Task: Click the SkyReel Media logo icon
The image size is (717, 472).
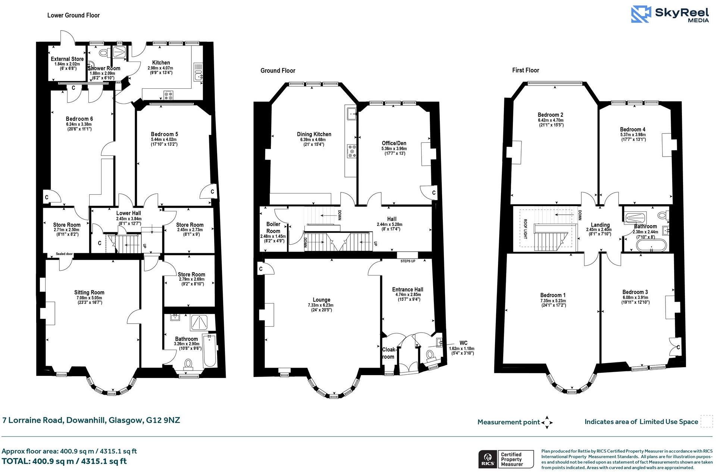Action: point(641,14)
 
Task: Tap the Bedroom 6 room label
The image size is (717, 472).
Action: point(79,119)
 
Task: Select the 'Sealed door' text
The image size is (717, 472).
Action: point(64,254)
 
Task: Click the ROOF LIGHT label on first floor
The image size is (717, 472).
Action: point(525,229)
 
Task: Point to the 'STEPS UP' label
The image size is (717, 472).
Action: point(408,261)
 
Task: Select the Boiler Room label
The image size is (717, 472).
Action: point(273,227)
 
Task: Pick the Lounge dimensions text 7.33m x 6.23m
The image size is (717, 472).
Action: point(321,305)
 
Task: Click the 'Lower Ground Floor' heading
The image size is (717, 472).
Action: point(73,15)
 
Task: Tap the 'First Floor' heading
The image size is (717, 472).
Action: point(526,70)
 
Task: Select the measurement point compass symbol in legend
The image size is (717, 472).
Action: point(547,422)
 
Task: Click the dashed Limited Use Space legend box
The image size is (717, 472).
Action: point(706,421)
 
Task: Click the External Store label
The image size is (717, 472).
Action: point(67,59)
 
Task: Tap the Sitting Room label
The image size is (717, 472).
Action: point(89,293)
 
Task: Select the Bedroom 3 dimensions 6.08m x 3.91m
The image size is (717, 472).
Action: point(635,298)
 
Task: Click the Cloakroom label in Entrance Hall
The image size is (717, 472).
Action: point(389,353)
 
